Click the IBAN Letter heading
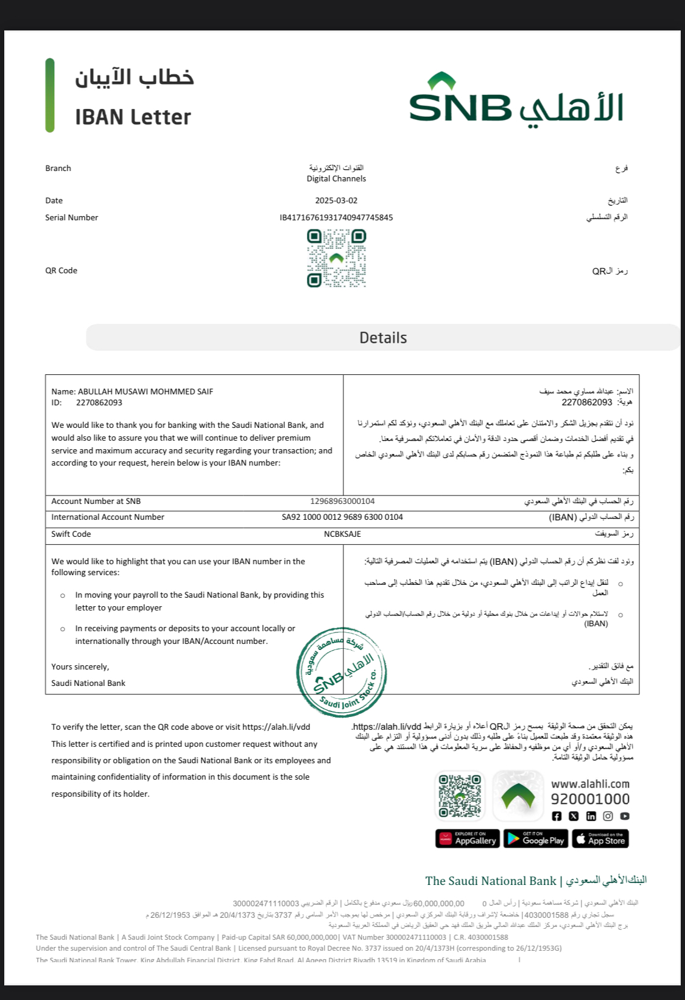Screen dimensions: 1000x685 133,117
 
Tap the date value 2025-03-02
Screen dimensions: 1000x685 336,200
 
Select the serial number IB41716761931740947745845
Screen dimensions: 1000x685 336,217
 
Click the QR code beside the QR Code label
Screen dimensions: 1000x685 336,258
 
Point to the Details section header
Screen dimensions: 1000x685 383,338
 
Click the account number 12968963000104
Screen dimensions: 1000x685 342,501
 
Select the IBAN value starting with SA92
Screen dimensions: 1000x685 342,517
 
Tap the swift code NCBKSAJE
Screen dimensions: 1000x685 342,534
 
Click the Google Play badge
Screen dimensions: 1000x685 535,839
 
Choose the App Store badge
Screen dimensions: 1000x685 600,839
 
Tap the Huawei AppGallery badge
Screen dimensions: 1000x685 468,839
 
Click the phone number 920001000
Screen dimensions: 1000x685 590,799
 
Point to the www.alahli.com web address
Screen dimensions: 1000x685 590,784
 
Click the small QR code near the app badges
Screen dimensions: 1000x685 460,795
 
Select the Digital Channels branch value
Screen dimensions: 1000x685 336,178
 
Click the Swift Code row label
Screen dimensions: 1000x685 71,534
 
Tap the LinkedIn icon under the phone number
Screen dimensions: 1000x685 591,816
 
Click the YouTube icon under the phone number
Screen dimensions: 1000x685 625,816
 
